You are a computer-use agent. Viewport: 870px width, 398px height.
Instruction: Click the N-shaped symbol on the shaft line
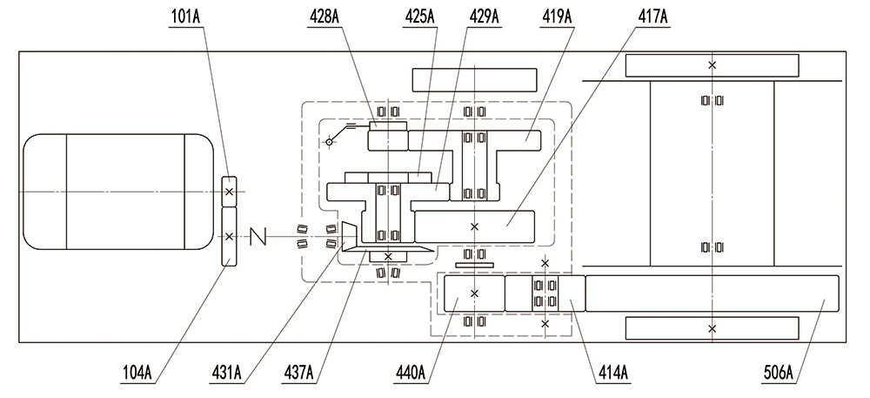(258, 236)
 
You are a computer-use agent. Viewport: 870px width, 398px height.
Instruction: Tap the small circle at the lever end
(328, 141)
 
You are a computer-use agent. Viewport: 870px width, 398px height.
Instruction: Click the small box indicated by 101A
(229, 191)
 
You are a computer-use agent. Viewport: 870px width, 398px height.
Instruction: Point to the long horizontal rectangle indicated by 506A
(712, 293)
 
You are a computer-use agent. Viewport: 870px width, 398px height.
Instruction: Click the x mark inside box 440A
(474, 293)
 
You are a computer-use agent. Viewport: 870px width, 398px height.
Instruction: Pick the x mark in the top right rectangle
(712, 65)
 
